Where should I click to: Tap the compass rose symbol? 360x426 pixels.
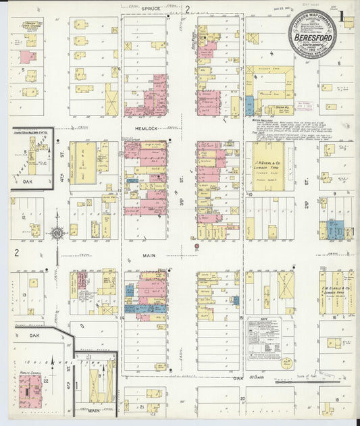point(57,234)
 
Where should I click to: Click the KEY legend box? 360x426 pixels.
point(264,334)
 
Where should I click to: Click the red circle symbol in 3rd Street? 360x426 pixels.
point(197,246)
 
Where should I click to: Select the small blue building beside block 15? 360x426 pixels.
point(236,300)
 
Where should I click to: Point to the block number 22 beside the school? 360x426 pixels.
point(45,381)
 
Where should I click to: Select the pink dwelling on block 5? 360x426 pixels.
point(28,57)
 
